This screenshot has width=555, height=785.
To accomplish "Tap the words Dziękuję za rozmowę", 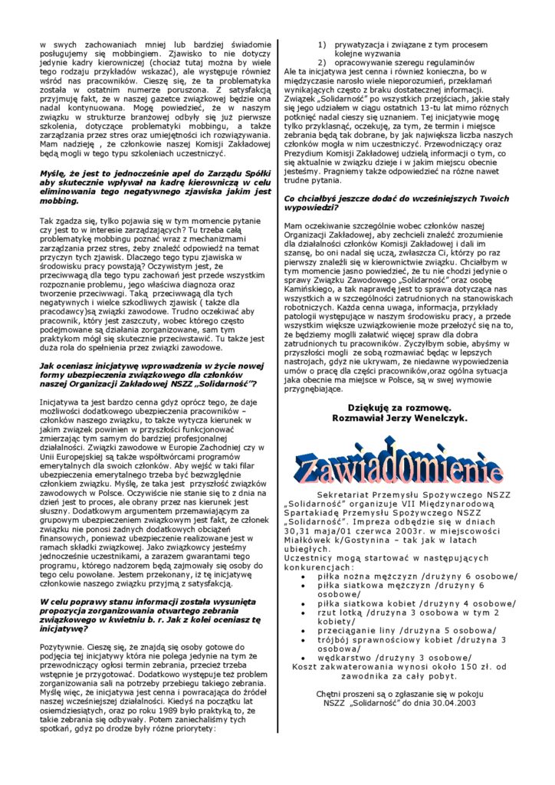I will pos(399,407).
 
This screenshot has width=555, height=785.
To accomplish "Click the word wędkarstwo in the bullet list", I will pos(348,658).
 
